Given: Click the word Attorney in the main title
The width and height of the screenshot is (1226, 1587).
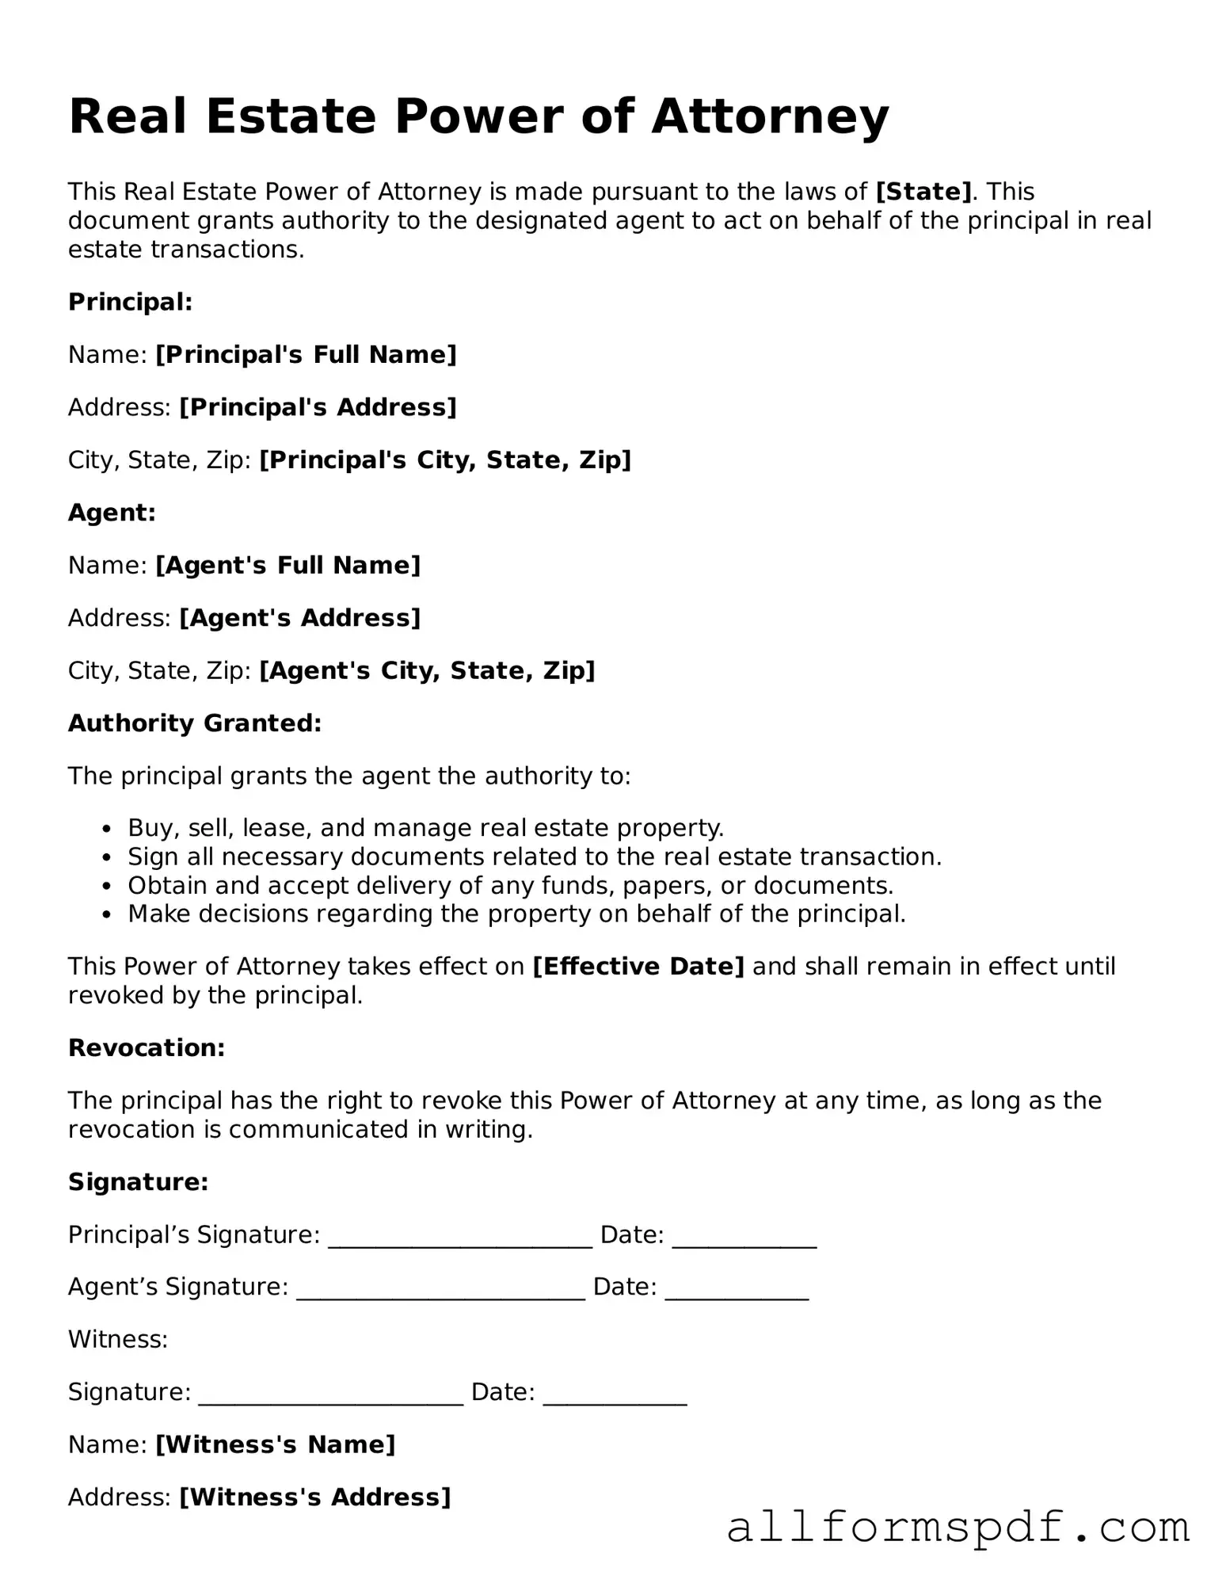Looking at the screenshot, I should [x=770, y=116].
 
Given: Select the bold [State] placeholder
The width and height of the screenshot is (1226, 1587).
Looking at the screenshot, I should [x=923, y=192].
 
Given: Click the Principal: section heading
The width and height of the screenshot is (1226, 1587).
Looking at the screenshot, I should [x=131, y=302].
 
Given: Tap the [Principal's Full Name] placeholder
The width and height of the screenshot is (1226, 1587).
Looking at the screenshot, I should [x=306, y=354].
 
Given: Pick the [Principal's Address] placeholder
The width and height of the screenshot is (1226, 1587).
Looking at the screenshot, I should [x=318, y=407].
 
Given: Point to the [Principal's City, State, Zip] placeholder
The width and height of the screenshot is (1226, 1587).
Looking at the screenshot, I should [x=445, y=460].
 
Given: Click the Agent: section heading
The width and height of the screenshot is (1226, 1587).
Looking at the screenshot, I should [x=112, y=513].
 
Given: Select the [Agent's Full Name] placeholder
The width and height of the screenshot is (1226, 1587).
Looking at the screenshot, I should [x=287, y=565].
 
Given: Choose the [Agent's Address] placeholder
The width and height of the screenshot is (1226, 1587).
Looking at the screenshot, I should [x=299, y=618].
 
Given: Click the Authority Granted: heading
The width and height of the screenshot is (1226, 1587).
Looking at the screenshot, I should [x=195, y=723].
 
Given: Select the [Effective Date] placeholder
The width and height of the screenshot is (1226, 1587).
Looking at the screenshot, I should [x=638, y=967].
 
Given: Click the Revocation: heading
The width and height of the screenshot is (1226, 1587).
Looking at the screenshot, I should [x=147, y=1048].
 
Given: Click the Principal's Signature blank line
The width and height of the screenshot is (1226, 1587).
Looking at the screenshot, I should [x=460, y=1236].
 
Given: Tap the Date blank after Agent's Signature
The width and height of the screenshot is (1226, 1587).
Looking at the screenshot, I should [x=737, y=1288].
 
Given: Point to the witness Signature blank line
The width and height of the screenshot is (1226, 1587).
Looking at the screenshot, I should [x=330, y=1393].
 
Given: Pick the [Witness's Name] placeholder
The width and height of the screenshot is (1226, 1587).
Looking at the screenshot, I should [x=275, y=1445].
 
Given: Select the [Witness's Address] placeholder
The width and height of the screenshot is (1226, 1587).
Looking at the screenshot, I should [x=314, y=1497].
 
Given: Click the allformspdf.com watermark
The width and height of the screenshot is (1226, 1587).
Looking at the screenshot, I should [x=958, y=1527].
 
